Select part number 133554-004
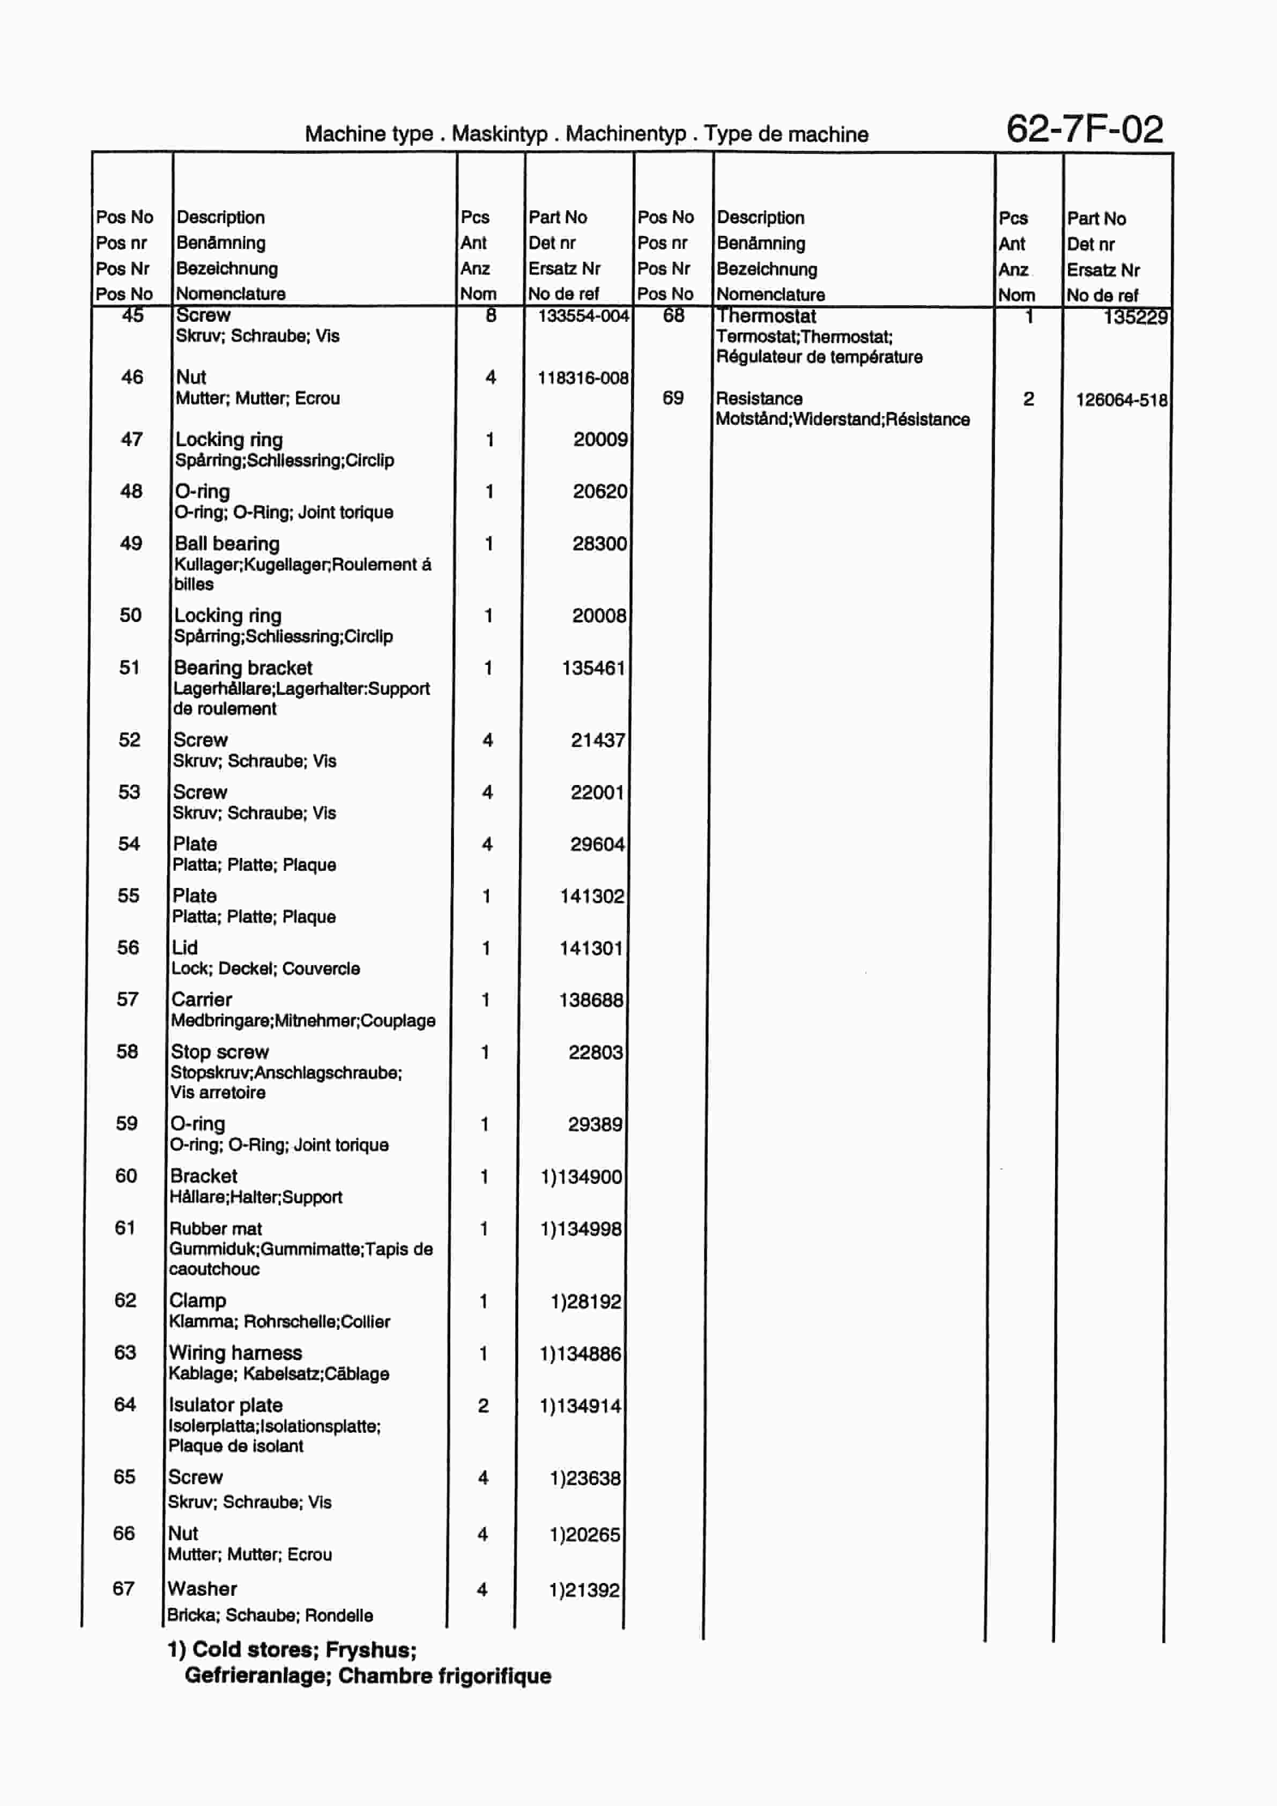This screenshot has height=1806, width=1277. (x=583, y=316)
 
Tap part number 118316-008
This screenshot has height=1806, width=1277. (x=583, y=379)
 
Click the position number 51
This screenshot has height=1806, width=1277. (x=130, y=668)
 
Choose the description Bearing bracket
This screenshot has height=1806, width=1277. (x=242, y=668)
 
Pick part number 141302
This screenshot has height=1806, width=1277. (x=591, y=896)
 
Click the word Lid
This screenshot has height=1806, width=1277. (x=185, y=948)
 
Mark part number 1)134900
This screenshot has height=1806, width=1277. (x=581, y=1176)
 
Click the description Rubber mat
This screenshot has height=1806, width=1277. (x=216, y=1228)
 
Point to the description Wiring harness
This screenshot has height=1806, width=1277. (x=235, y=1353)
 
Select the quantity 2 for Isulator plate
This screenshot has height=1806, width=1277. (x=483, y=1405)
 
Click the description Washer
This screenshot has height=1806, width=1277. (x=202, y=1589)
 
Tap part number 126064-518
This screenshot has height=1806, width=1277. (x=1122, y=399)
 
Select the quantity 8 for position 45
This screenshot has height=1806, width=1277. (x=491, y=316)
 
